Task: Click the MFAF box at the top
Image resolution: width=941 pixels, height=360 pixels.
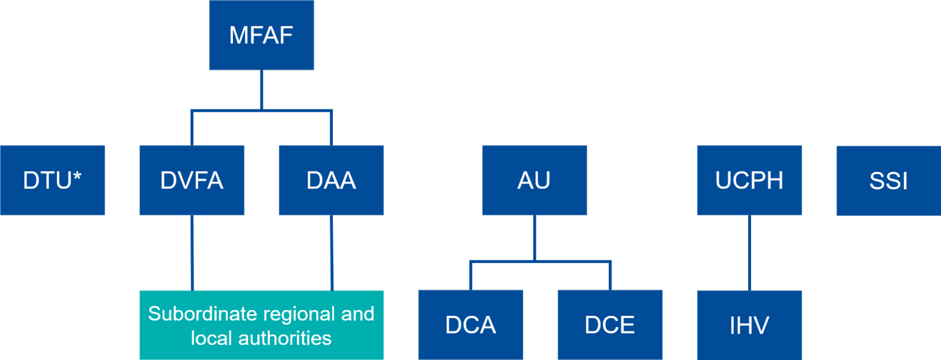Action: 261,35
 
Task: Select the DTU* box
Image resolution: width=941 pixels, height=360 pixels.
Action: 52,180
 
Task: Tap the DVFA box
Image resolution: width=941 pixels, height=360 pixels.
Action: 192,180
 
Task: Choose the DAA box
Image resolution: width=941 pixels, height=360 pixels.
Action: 331,180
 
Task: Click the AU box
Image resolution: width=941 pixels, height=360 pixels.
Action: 534,180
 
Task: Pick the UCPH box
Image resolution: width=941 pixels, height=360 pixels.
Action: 749,180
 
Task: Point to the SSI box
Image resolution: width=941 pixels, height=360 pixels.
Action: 888,181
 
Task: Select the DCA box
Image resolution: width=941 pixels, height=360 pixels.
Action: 470,325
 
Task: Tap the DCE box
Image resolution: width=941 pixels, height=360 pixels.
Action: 610,325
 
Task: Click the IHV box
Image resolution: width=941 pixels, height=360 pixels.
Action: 749,325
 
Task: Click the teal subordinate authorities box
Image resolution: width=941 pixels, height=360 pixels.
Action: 261,325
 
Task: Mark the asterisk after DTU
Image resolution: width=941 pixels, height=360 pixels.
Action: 77,175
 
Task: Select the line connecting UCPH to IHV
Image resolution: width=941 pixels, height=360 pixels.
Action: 749,253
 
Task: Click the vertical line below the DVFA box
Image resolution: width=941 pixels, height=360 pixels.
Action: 192,253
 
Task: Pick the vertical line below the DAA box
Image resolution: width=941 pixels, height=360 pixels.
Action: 332,253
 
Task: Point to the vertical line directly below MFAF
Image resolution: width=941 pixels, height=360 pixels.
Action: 261,89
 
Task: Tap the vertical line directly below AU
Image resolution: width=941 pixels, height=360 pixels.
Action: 534,238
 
